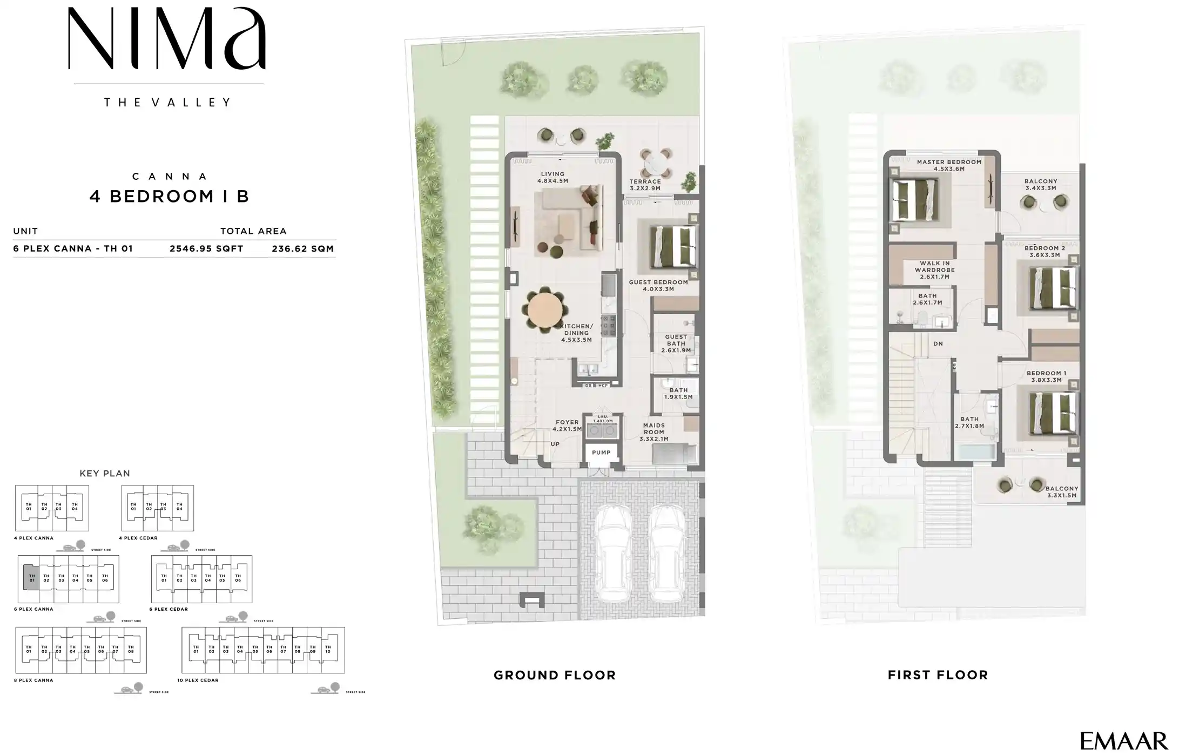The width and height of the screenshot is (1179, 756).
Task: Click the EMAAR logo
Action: point(1123,740)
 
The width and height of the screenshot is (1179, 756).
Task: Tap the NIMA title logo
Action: point(167,39)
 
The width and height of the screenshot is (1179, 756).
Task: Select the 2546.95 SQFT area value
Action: point(206,249)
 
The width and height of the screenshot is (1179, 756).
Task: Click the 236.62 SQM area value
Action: point(302,249)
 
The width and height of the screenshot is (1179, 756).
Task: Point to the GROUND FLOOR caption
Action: point(555,675)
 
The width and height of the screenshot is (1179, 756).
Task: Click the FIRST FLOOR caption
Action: point(938,675)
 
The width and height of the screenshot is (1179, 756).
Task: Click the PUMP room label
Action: point(601,453)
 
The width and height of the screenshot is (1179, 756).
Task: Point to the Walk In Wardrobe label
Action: point(935,270)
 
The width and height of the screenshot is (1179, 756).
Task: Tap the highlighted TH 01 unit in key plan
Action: point(31,578)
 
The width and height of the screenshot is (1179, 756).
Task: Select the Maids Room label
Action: point(653,432)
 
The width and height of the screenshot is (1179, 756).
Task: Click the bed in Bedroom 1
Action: point(1051,413)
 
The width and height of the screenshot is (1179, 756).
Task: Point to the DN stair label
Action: point(938,343)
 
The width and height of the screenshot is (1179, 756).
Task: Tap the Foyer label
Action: point(567,426)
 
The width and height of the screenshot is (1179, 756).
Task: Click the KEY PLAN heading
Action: point(105,474)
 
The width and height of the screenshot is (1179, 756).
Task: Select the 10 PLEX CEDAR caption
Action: point(198,680)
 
